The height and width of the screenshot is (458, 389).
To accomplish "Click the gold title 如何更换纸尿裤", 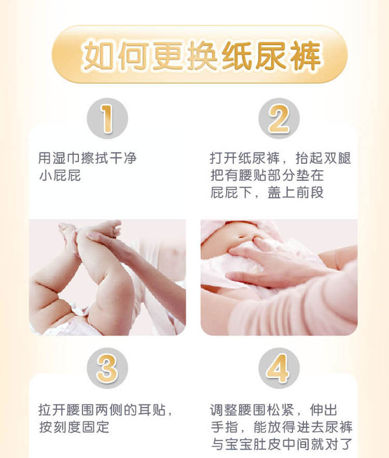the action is click(x=201, y=56).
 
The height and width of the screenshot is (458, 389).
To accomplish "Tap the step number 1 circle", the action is click(x=107, y=118).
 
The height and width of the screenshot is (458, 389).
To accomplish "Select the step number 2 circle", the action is click(x=279, y=118).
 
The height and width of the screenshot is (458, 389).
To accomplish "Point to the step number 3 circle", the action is click(x=107, y=368).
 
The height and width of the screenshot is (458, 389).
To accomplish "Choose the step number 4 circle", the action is click(x=279, y=368).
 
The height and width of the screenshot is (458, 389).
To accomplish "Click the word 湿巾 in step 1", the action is click(x=66, y=158).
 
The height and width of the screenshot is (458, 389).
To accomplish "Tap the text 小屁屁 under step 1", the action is click(x=60, y=176).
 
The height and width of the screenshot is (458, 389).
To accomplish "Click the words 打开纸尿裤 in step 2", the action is click(x=244, y=158).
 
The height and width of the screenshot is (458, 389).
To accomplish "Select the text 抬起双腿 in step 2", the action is click(x=323, y=158).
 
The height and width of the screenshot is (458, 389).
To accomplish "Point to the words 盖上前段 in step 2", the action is click(x=295, y=192).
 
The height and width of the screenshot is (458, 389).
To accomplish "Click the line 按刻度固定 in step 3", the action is click(x=74, y=427).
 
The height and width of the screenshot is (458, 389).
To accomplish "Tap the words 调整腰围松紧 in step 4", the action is click(x=252, y=410).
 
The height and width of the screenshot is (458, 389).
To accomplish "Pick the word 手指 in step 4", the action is click(x=224, y=427).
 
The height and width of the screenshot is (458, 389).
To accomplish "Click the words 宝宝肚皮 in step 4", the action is click(x=253, y=444).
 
